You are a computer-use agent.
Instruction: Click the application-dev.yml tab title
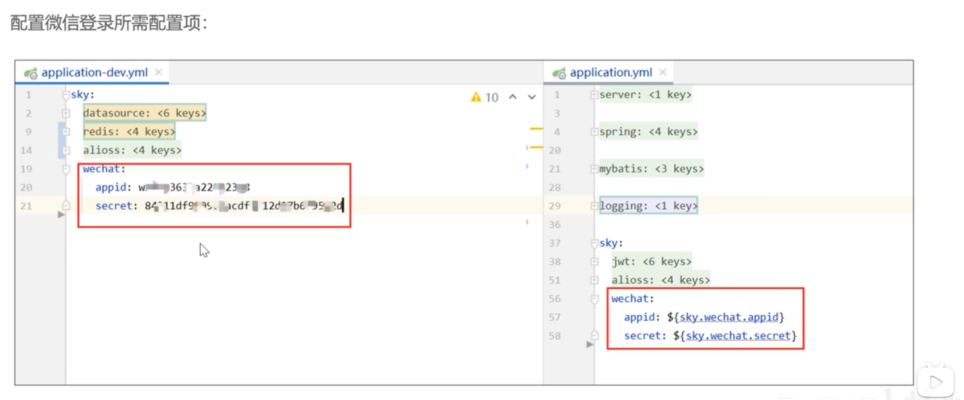click(x=94, y=72)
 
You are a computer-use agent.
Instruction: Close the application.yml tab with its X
click(x=663, y=72)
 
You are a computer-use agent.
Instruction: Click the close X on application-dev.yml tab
click(x=158, y=72)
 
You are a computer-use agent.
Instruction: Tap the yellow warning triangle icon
click(x=476, y=97)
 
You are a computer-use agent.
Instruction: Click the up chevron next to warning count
click(x=513, y=97)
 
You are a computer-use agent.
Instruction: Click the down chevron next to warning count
click(x=532, y=97)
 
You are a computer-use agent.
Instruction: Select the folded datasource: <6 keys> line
click(x=144, y=113)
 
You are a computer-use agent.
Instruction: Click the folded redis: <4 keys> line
click(x=129, y=132)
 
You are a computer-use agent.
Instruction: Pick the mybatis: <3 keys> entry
click(x=651, y=168)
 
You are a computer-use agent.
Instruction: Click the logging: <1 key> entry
click(x=648, y=206)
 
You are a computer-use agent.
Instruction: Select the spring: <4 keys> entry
click(x=648, y=132)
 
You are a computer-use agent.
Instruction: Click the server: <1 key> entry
click(x=645, y=95)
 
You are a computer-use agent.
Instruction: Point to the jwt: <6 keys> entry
click(x=651, y=262)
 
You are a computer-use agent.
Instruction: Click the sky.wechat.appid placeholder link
click(x=729, y=317)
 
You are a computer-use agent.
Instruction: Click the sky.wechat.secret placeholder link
click(x=738, y=336)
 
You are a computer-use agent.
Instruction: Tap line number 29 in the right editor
click(x=554, y=206)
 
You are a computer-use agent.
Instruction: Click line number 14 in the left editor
click(x=26, y=150)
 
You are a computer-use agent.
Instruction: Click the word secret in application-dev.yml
click(x=113, y=206)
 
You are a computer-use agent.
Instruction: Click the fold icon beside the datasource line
click(x=66, y=113)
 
